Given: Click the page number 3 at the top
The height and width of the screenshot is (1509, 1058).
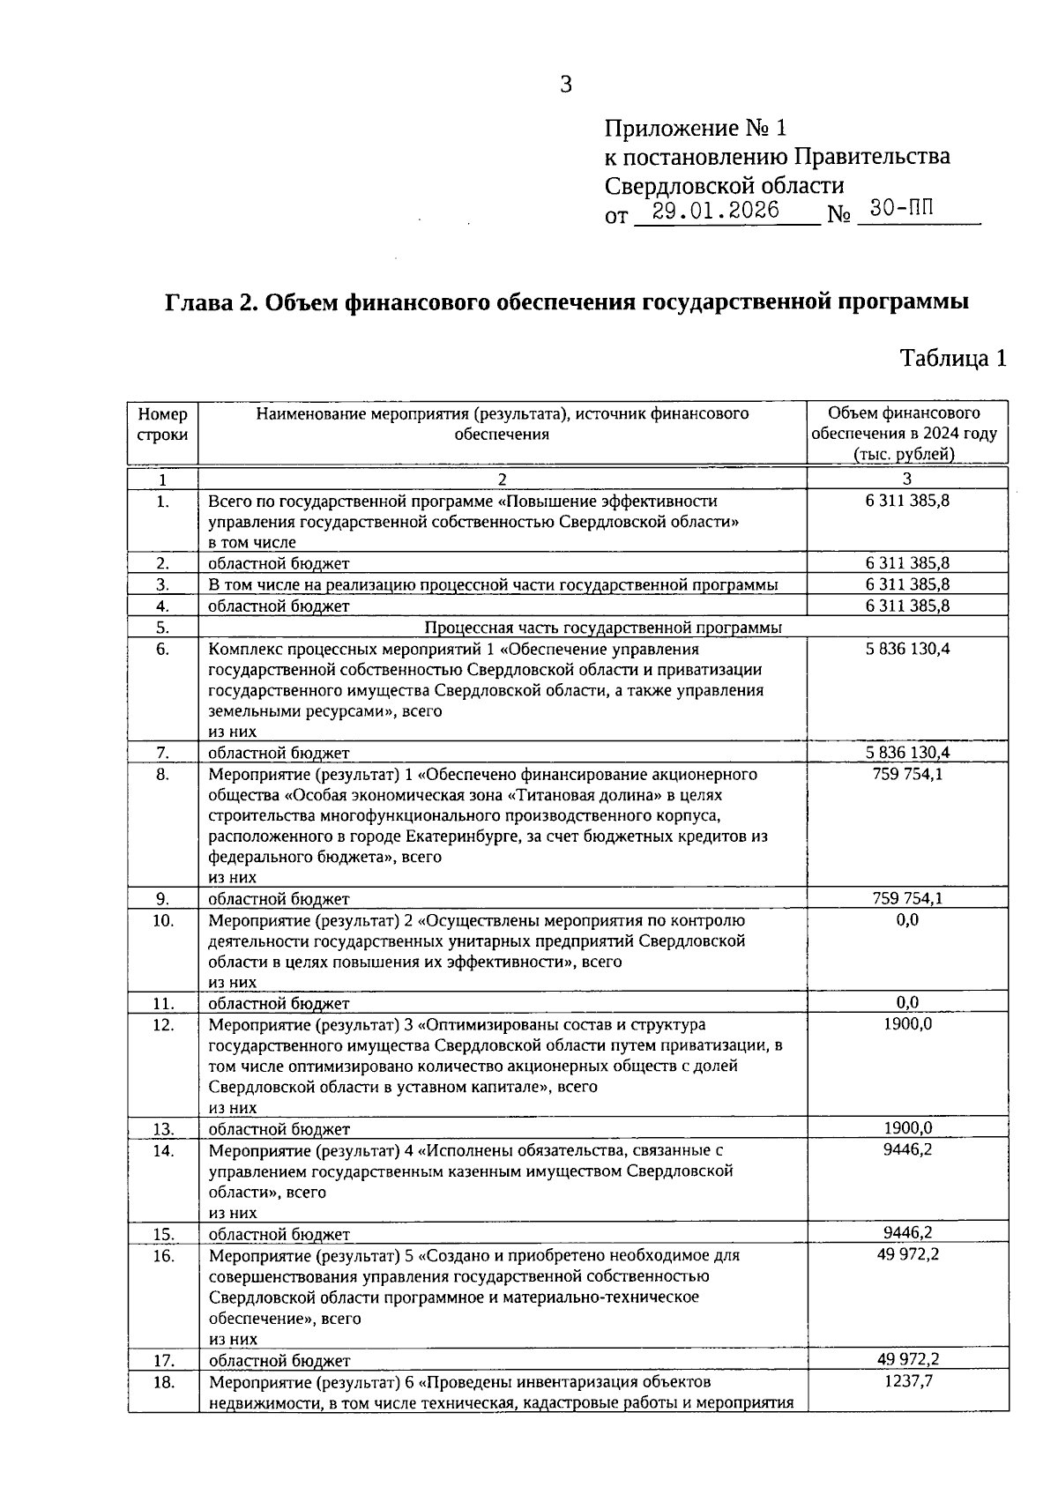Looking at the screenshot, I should click(566, 85).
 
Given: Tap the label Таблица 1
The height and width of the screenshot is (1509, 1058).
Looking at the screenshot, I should click(952, 358).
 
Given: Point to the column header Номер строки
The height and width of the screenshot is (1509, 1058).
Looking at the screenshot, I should click(163, 424).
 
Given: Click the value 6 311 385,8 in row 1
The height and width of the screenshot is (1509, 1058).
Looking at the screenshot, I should click(907, 502).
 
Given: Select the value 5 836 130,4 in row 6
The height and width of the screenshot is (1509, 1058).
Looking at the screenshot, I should click(907, 650).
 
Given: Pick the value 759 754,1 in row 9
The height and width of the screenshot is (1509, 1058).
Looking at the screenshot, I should click(907, 898).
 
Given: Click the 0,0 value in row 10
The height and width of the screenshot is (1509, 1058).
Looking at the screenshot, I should click(907, 920).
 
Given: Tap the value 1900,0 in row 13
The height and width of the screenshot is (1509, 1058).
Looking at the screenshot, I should click(907, 1128).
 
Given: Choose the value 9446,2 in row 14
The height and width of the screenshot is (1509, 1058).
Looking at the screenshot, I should click(907, 1150).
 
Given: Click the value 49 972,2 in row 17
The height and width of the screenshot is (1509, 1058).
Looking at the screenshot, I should click(907, 1359).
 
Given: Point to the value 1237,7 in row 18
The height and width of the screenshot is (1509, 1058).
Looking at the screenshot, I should click(907, 1381).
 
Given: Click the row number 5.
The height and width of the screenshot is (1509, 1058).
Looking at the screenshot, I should click(163, 628).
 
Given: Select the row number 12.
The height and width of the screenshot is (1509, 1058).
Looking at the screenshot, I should click(163, 1025).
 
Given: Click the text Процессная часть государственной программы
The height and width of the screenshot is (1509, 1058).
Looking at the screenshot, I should click(603, 628).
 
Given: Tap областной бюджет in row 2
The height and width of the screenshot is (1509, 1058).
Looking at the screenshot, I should click(279, 563).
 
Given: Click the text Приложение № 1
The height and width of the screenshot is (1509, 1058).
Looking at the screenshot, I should click(695, 129).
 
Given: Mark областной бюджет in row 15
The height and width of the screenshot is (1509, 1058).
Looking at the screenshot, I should click(279, 1234).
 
